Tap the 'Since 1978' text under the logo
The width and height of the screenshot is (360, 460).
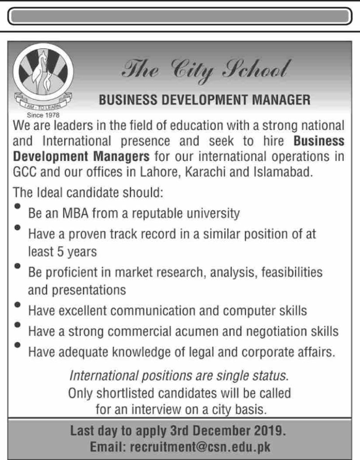[41, 114]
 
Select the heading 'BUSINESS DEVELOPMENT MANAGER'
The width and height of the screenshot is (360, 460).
[204, 99]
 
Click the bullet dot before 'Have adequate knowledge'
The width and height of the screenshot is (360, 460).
[18, 345]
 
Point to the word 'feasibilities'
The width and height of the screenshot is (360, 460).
[294, 272]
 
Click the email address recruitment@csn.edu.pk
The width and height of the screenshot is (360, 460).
[199, 447]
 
